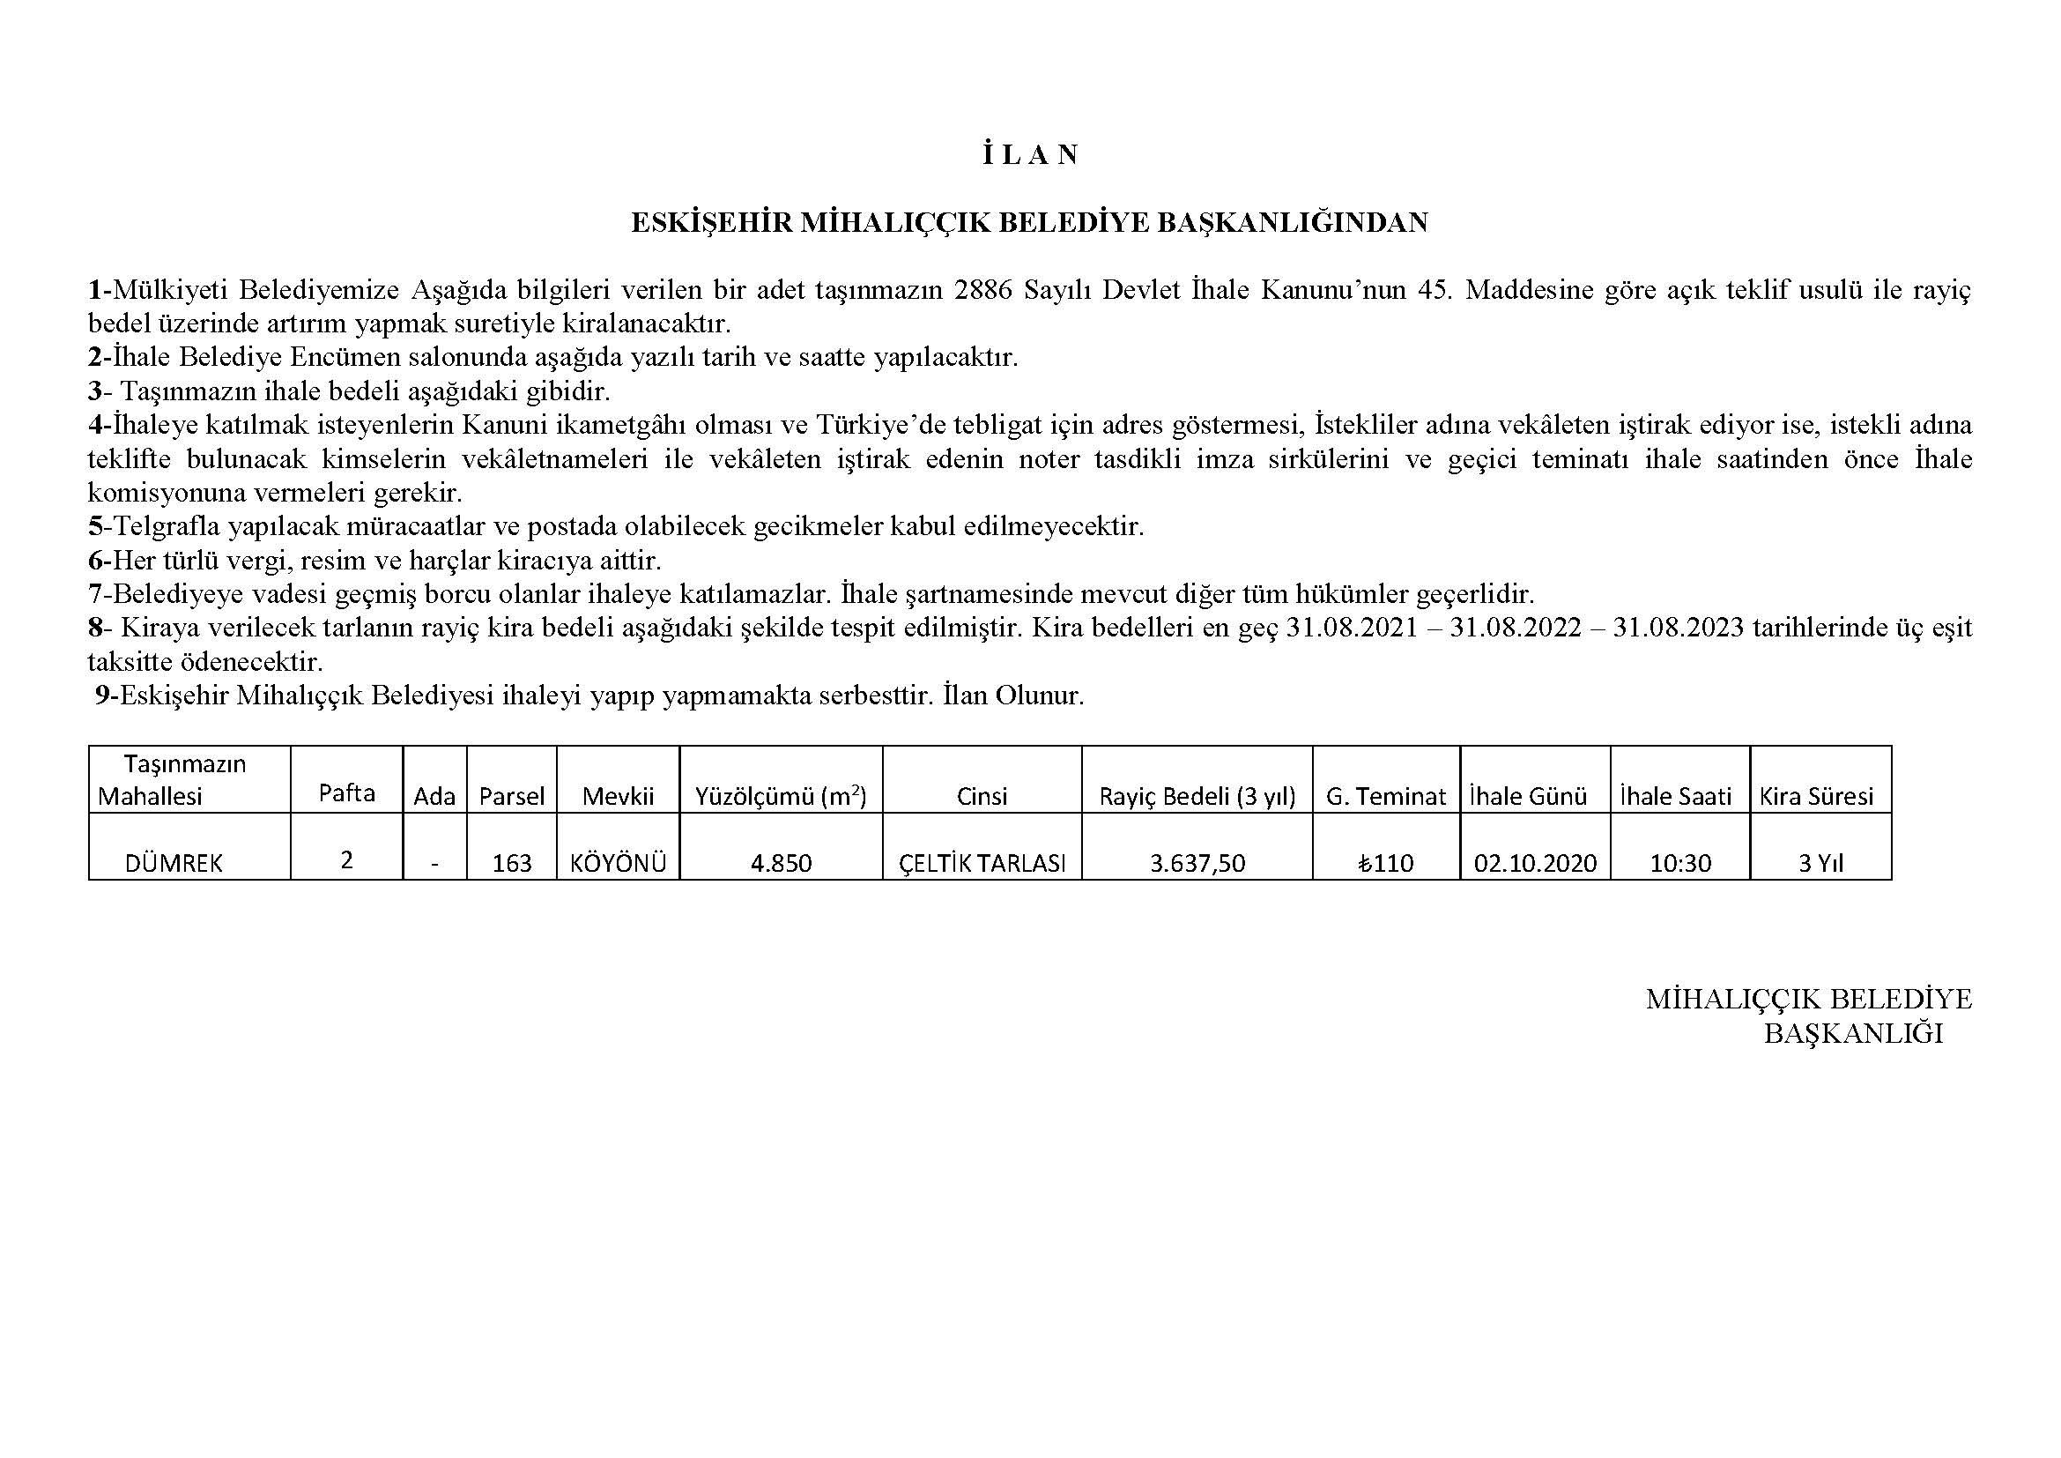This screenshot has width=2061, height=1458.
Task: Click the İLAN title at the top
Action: coord(1029,155)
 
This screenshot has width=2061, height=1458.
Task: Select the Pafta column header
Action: coord(346,792)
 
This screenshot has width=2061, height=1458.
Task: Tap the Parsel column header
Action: coord(512,796)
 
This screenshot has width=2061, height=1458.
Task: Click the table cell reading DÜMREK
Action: coord(174,863)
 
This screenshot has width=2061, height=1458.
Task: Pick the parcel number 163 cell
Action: coord(512,863)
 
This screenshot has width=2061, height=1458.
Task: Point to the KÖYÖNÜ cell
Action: coord(618,863)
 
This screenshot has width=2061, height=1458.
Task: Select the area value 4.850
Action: coord(781,863)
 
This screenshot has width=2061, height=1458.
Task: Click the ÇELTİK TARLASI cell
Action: coord(982,863)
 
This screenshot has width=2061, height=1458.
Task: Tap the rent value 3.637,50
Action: coord(1197,863)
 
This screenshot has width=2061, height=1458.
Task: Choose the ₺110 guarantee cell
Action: coord(1386,863)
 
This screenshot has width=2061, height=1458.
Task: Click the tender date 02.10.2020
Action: coord(1535,863)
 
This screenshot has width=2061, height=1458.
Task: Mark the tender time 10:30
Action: coord(1679,863)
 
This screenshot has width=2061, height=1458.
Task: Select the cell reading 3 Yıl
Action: coord(1820,863)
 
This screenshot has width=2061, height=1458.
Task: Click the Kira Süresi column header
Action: coord(1816,796)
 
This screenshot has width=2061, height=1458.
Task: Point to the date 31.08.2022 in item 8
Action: coord(1516,628)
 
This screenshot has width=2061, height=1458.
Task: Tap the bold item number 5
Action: coord(95,526)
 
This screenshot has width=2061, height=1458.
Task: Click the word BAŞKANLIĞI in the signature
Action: coord(1853,1033)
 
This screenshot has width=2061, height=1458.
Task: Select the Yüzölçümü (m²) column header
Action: coord(781,795)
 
